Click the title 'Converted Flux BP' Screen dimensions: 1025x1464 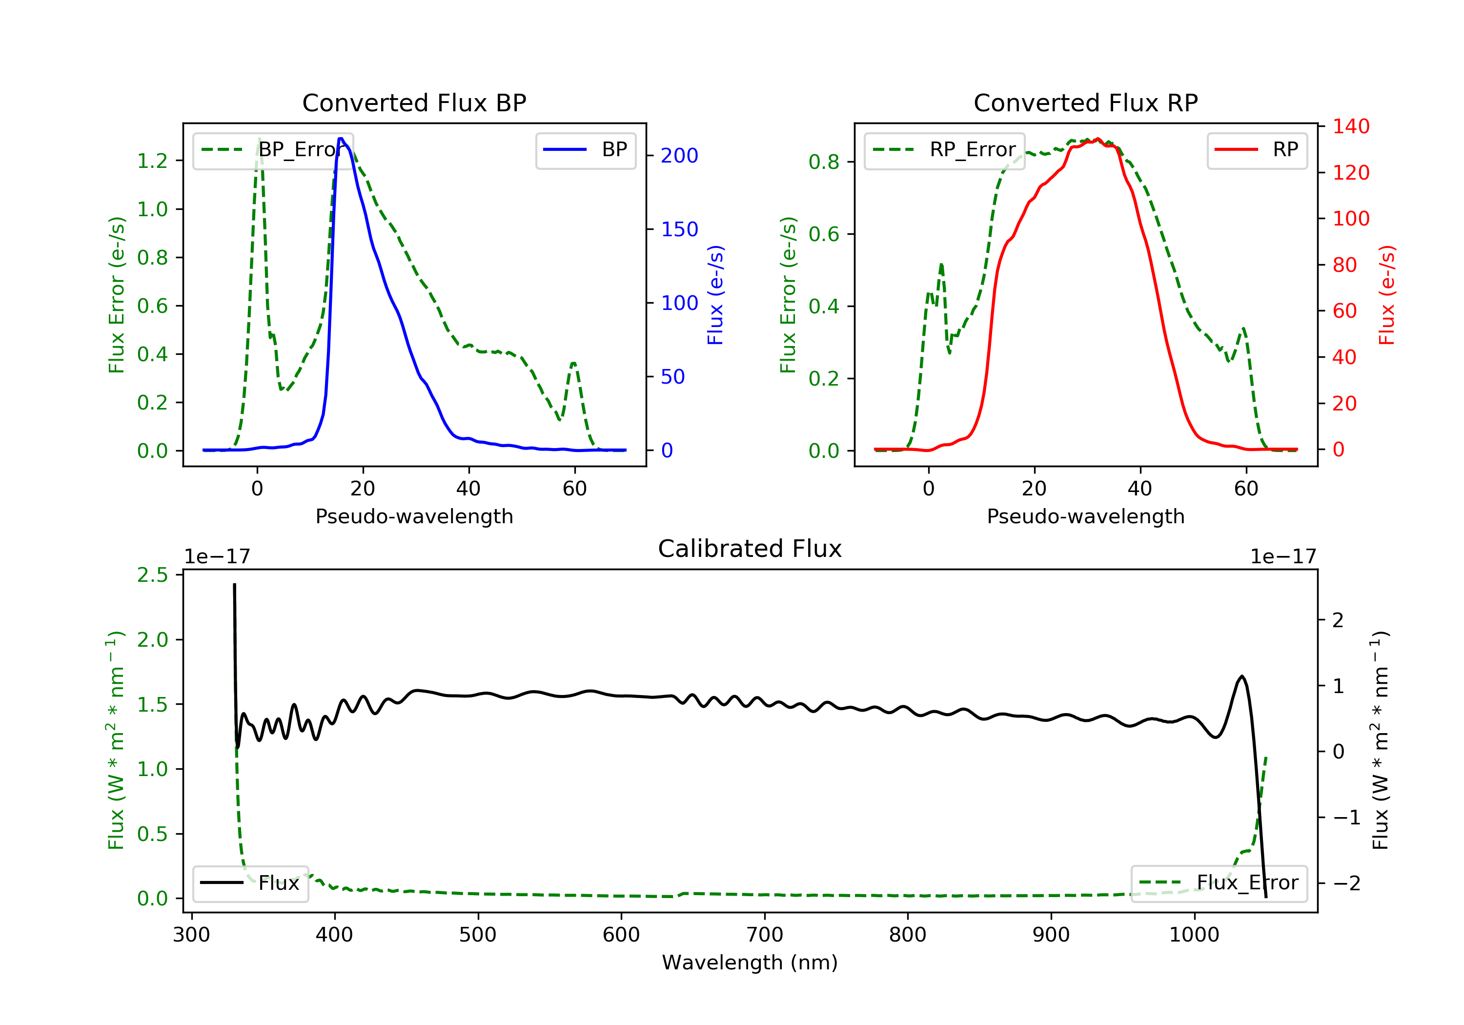(414, 102)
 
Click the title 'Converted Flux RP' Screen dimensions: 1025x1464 (1085, 102)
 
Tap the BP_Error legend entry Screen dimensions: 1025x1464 (272, 150)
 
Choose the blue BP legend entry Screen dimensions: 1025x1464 (585, 150)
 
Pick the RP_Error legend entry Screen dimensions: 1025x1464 (944, 150)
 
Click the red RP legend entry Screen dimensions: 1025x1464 (1257, 150)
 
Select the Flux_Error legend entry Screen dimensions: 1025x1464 (1219, 883)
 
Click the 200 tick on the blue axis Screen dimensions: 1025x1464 (679, 156)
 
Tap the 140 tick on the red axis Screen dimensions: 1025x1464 (1350, 126)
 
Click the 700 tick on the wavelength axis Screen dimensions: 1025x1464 (765, 935)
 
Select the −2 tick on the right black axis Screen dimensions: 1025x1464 (1346, 883)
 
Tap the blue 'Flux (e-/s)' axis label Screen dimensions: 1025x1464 (715, 295)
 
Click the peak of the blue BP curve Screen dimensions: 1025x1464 (341, 139)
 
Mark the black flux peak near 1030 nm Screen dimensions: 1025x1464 (1241, 676)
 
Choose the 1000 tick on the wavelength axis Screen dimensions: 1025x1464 (1194, 935)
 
